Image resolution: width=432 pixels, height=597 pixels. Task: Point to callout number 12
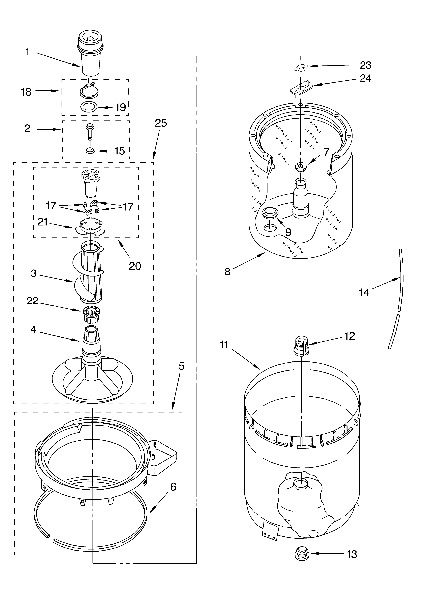click(349, 336)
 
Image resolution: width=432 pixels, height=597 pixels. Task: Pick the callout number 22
click(33, 301)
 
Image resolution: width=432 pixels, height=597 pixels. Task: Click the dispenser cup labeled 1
click(89, 55)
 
